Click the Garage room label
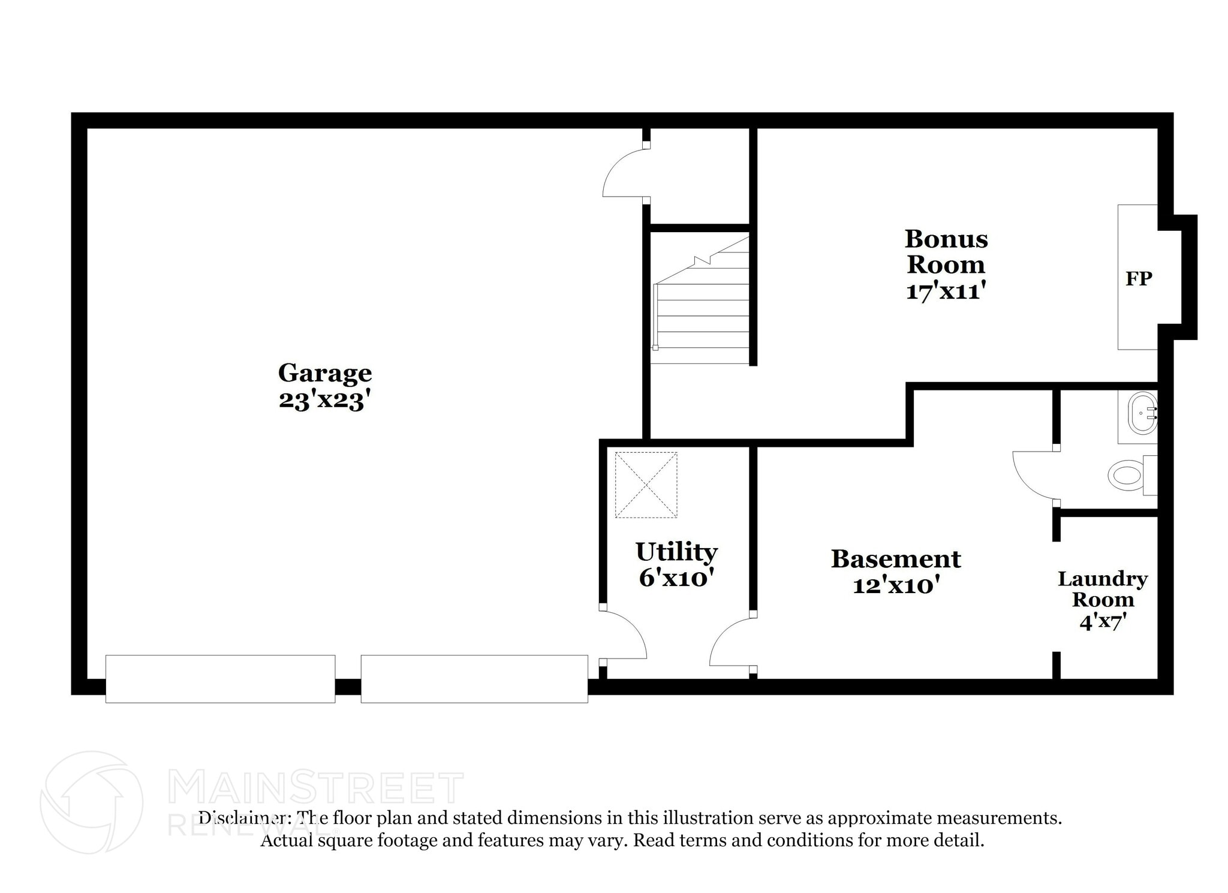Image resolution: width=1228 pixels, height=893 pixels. click(325, 374)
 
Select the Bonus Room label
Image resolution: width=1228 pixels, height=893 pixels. click(946, 251)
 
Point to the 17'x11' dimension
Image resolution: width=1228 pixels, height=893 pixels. click(946, 291)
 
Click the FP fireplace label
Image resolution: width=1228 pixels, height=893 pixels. click(1139, 278)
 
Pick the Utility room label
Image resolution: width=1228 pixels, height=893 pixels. click(676, 552)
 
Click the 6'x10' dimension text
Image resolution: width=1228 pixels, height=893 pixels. click(676, 578)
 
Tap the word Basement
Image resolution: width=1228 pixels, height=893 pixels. click(896, 559)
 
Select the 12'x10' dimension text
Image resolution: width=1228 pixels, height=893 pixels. click(896, 585)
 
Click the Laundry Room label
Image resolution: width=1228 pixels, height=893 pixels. click(1103, 589)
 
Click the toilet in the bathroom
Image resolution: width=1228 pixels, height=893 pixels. click(1132, 475)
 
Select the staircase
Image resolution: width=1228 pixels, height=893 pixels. click(700, 300)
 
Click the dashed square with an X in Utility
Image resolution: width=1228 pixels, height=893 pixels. click(646, 485)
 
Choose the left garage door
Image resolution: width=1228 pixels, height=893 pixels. click(220, 679)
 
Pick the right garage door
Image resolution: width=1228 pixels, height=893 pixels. click(474, 679)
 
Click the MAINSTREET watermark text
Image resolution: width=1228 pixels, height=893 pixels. click(316, 787)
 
